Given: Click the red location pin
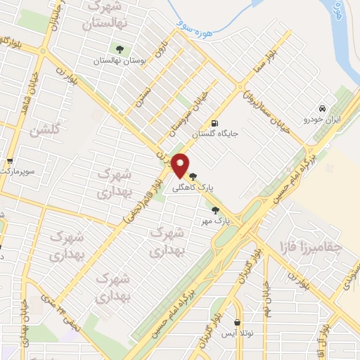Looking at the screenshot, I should pyautogui.click(x=181, y=165).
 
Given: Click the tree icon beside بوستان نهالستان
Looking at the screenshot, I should pyautogui.click(x=119, y=49).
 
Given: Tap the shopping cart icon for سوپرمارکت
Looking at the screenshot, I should pyautogui.click(x=10, y=161).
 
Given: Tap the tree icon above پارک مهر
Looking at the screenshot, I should pyautogui.click(x=214, y=210).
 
